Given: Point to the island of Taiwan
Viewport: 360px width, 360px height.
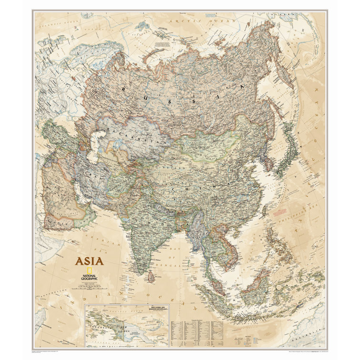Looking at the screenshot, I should click(265, 210).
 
